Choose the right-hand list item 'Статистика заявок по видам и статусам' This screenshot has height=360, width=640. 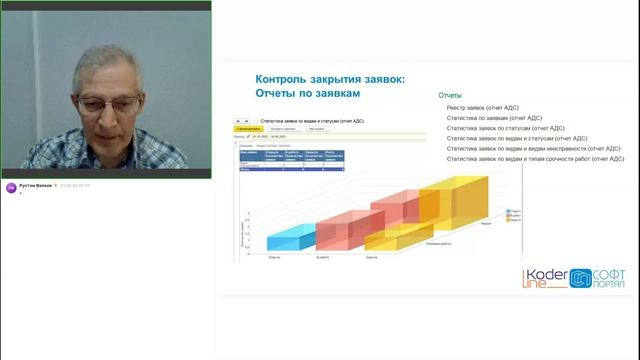(520, 138)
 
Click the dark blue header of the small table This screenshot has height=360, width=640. (290, 154)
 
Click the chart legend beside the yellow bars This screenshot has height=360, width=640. (513, 215)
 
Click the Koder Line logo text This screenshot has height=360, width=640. (544, 280)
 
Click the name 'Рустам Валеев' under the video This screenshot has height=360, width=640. (37, 185)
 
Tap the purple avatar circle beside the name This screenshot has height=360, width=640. (12, 186)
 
